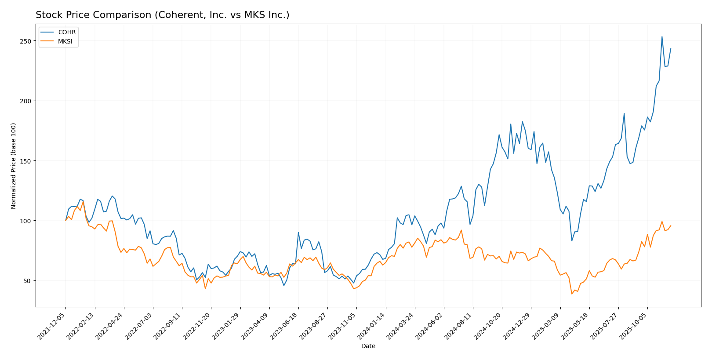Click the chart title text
[162, 15]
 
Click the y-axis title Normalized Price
[14, 166]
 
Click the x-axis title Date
[368, 346]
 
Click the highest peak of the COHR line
[662, 36]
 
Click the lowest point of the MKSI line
[572, 294]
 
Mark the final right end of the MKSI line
[671, 225]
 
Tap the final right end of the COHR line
[671, 49]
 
